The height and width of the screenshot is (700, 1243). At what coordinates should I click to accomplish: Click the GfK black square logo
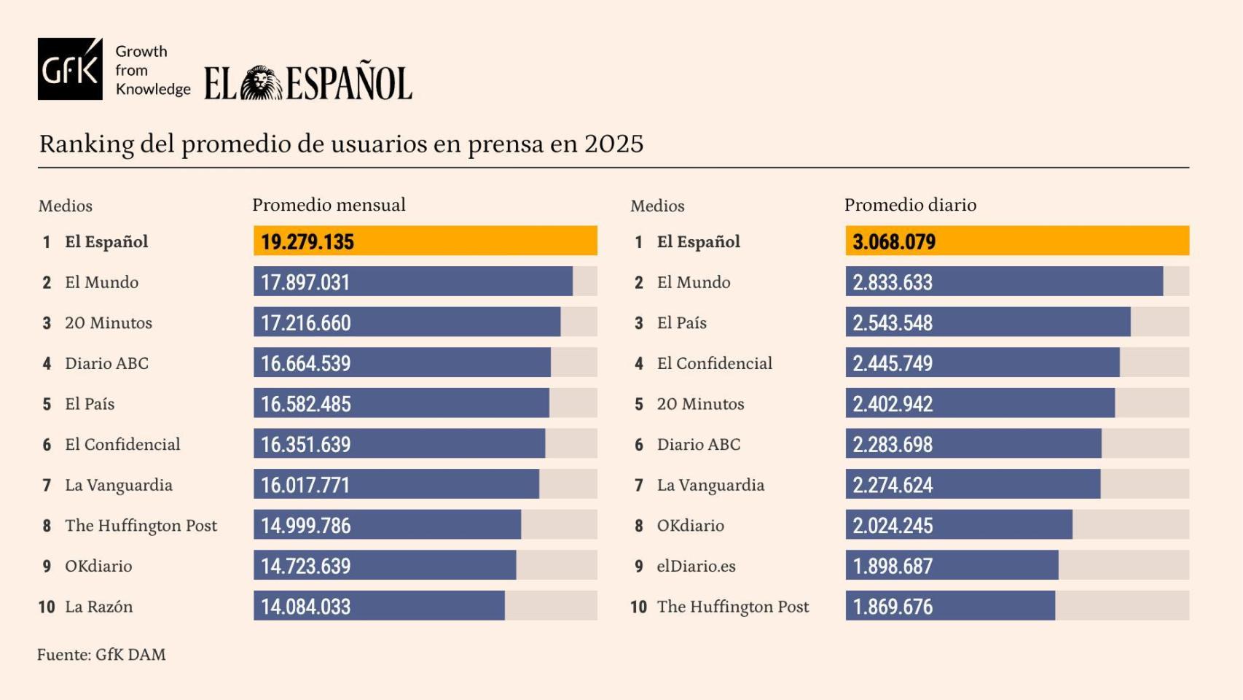pos(70,69)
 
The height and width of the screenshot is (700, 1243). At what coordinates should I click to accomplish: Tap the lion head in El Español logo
pos(261,83)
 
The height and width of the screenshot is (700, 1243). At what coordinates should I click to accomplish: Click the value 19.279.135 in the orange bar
pos(307,242)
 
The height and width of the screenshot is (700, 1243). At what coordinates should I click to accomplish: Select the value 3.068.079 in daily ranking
pos(894,242)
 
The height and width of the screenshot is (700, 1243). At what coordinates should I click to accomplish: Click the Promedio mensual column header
pos(329,205)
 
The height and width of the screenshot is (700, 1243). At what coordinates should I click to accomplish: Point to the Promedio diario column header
pos(910,205)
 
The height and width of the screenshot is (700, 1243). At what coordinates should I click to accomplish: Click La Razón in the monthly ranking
pos(98,607)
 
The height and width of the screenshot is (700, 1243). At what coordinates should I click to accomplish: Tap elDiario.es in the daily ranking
pos(696,566)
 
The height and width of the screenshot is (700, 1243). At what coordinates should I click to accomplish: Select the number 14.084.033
pos(306,607)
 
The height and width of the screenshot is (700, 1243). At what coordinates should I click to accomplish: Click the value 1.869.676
pos(893,607)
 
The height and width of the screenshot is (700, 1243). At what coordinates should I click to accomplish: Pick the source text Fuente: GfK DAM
pos(101,655)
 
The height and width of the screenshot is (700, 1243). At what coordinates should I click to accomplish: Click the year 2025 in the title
pos(613,144)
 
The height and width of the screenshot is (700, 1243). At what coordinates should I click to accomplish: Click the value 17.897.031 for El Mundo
pos(305,282)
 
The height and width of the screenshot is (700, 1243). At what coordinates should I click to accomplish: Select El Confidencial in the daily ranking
pos(714,363)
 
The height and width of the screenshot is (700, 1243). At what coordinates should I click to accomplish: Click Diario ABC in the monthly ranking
pos(106,363)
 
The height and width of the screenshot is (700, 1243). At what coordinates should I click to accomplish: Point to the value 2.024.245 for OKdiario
pos(893,526)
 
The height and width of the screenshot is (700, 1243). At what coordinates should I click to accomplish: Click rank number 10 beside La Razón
pos(47,607)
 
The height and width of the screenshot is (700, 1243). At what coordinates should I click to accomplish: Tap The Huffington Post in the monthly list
pos(141,526)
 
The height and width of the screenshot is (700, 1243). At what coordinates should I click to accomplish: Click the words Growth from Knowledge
pos(152,70)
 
